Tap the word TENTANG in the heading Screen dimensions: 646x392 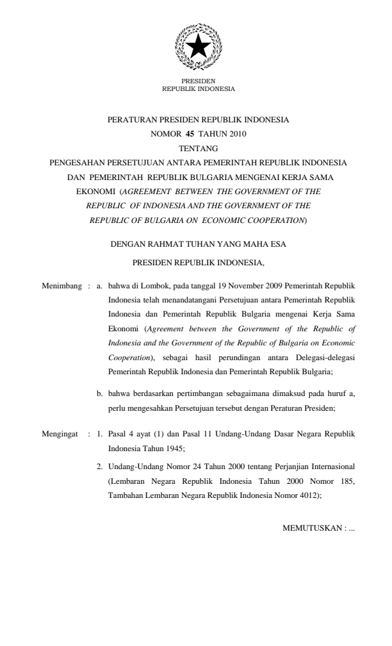[198, 148]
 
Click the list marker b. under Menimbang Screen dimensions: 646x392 [100, 394]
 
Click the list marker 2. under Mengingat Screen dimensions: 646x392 [100, 466]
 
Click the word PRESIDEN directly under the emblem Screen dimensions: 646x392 [199, 81]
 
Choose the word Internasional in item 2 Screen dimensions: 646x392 [332, 466]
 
